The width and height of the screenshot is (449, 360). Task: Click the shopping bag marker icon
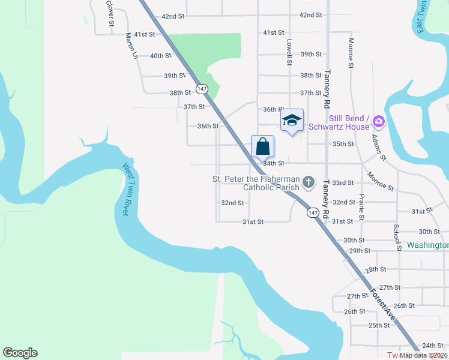tap(262, 146)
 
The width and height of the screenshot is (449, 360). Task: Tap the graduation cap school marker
tap(292, 120)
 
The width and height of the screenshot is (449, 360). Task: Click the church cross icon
tap(308, 181)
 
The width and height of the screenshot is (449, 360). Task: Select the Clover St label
tap(110, 13)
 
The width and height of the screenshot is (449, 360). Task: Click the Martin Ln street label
tap(131, 46)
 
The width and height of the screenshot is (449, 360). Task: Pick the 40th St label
tap(160, 56)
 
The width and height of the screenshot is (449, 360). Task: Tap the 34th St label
tap(273, 163)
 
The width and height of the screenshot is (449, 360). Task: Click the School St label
tap(397, 238)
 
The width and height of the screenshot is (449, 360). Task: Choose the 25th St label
tap(379, 325)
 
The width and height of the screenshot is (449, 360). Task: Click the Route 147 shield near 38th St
tap(202, 88)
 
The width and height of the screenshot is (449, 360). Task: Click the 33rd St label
tap(343, 183)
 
